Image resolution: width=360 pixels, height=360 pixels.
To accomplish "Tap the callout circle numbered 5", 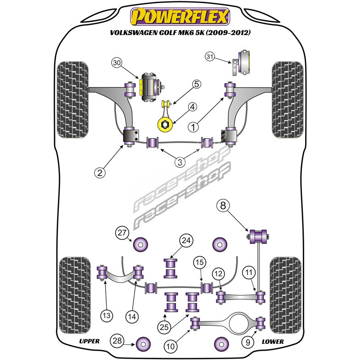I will (x=185, y=84).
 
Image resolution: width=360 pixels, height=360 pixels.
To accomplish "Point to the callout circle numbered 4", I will (x=192, y=107).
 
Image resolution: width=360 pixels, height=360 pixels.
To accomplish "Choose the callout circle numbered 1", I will (x=194, y=127).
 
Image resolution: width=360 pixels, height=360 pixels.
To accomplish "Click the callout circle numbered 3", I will (x=180, y=161).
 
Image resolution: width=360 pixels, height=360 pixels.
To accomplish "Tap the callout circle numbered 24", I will (x=185, y=241).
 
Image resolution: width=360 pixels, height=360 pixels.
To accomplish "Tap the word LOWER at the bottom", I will (x=273, y=342).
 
